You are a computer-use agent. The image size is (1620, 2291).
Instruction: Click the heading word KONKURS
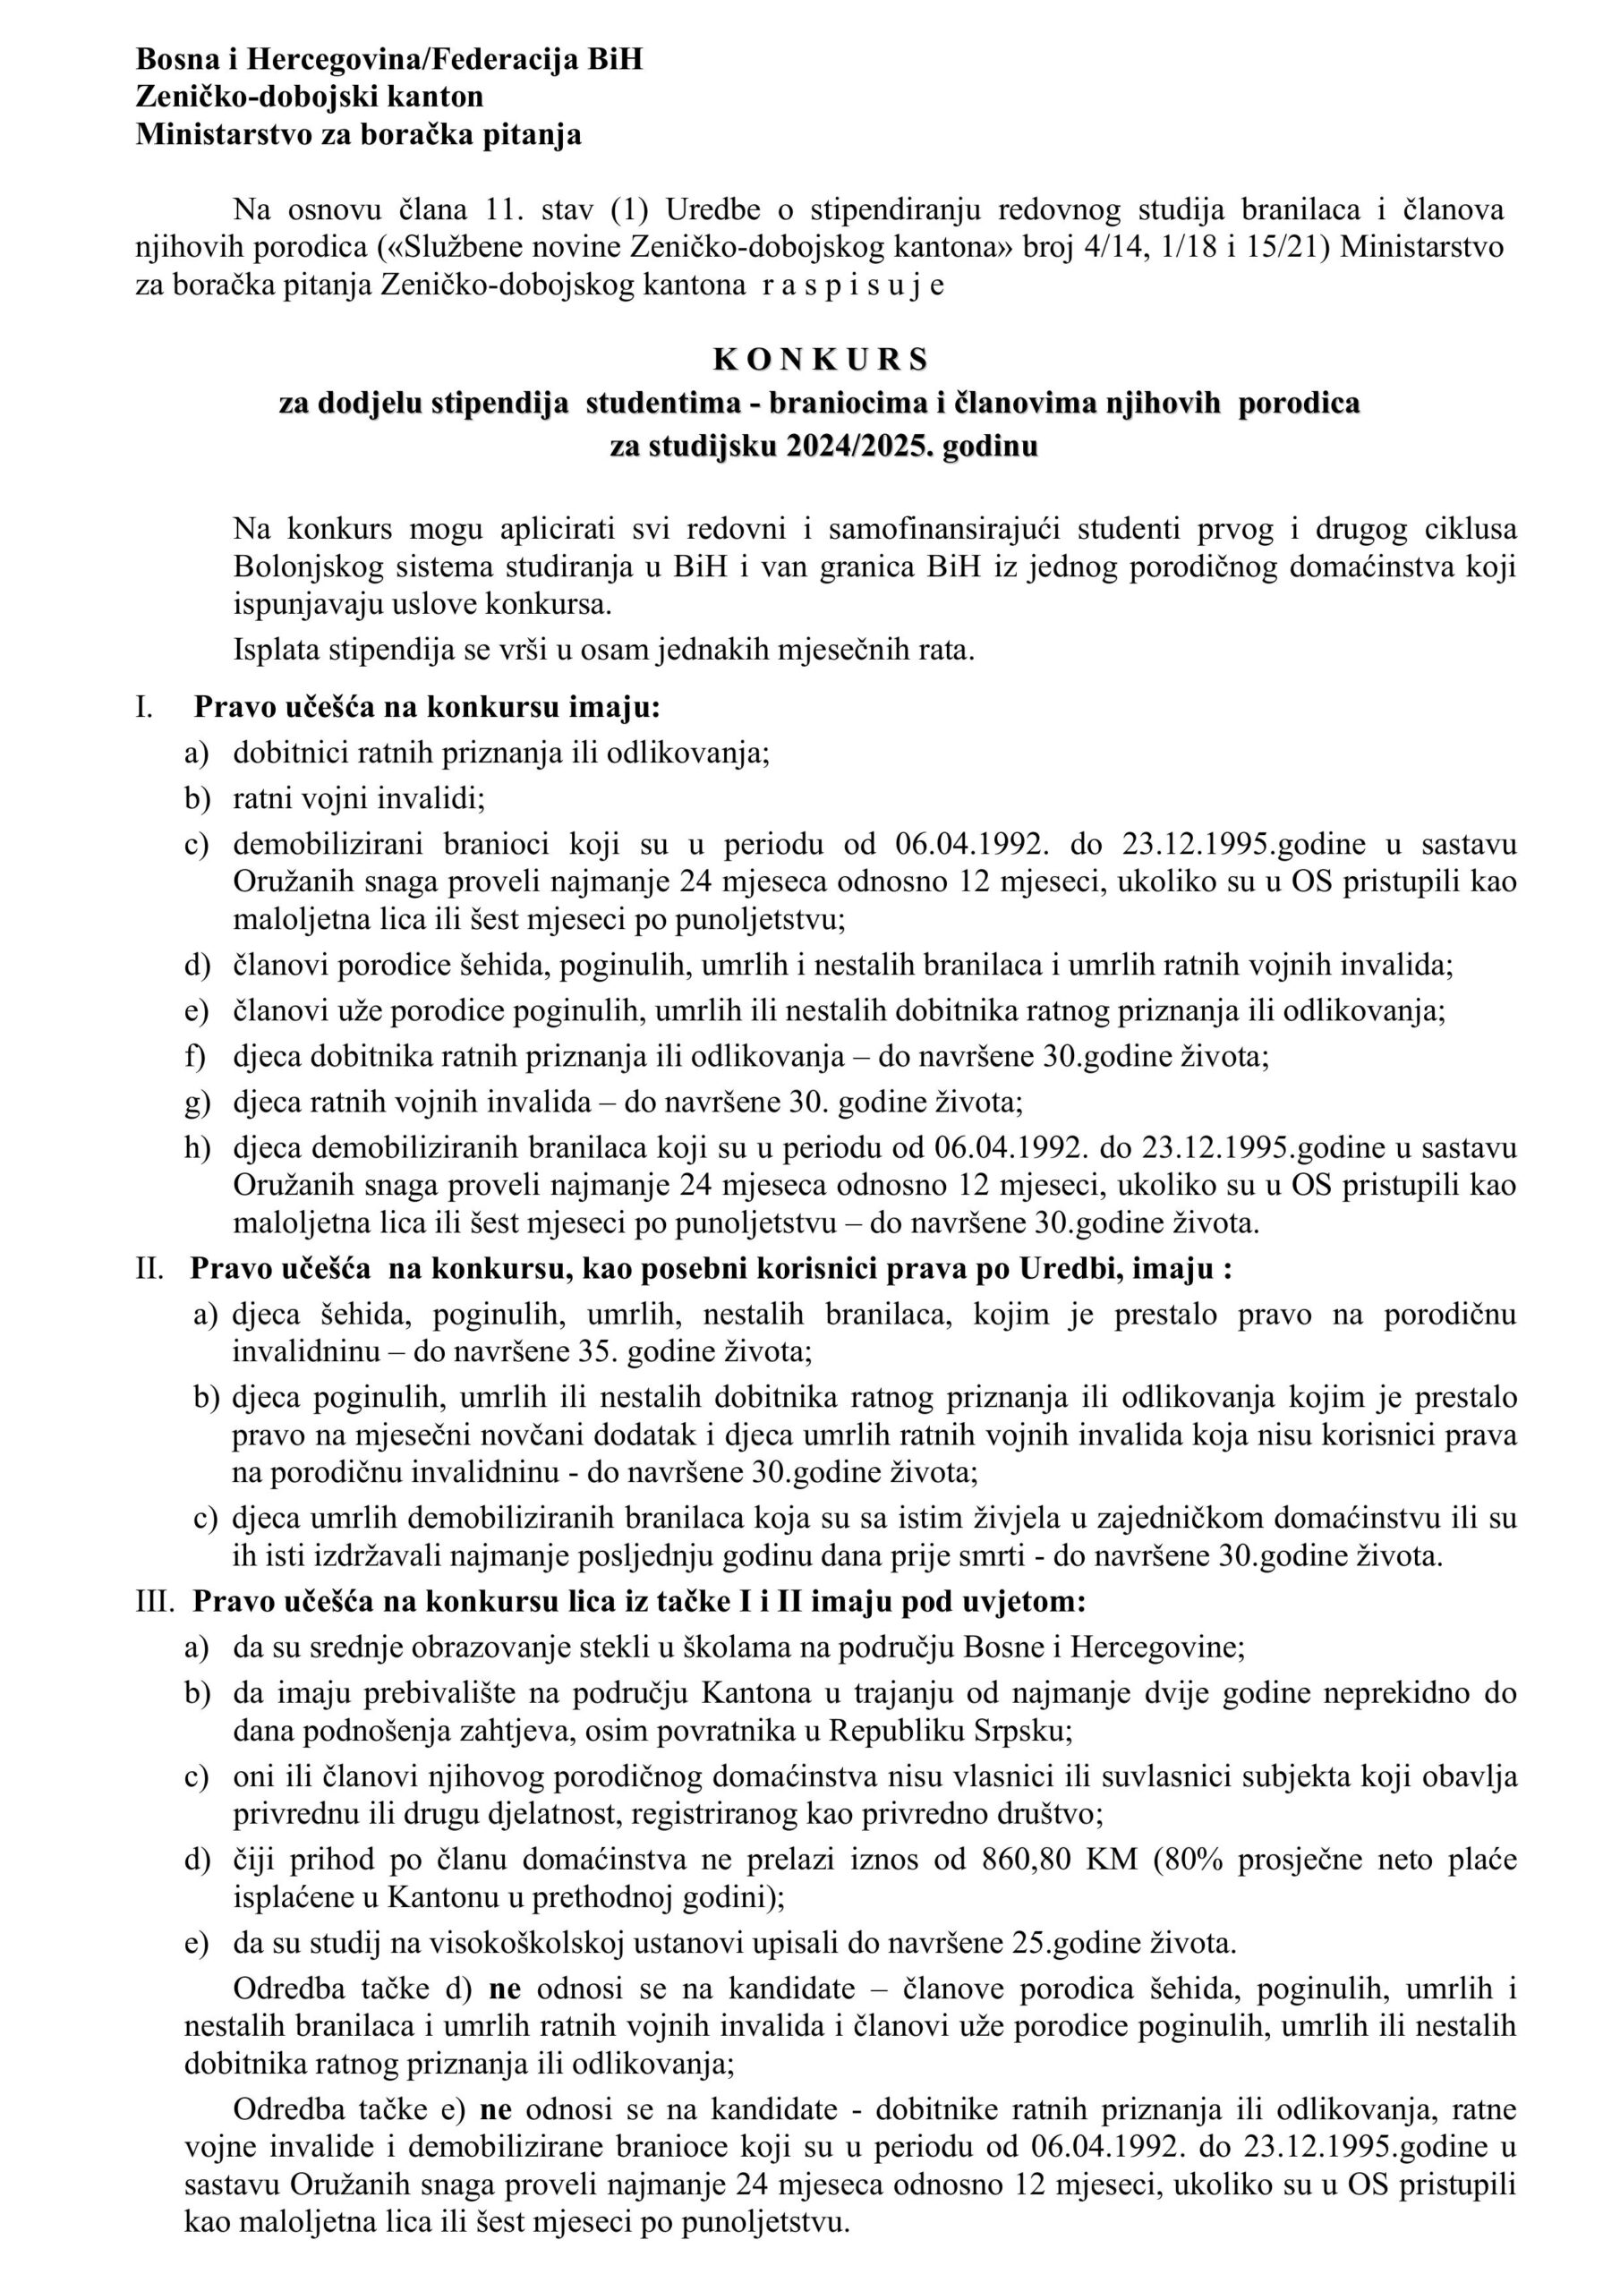click(821, 358)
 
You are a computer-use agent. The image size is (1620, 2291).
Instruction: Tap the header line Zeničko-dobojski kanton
click(310, 97)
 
